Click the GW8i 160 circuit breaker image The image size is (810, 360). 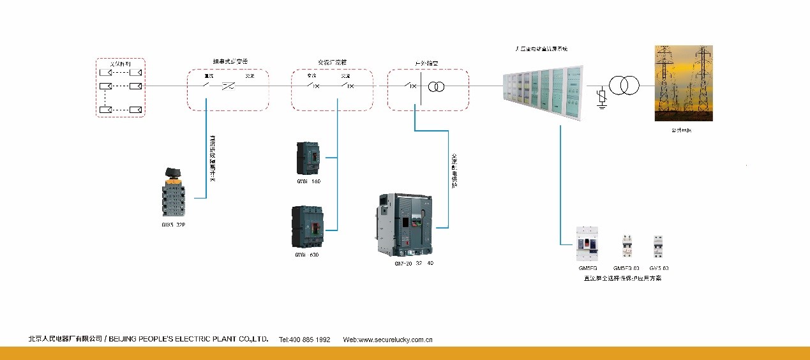click(308, 158)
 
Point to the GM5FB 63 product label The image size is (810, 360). click(626, 268)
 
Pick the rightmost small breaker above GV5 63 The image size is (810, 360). click(658, 246)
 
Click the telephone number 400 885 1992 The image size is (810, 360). click(304, 340)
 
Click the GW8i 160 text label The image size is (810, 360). click(308, 181)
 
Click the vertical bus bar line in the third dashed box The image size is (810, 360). click(421, 86)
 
